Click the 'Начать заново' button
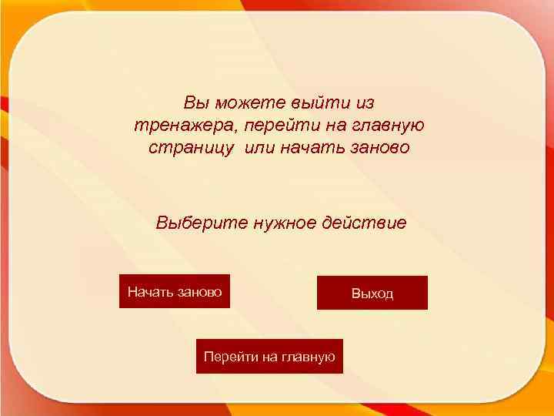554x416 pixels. pyautogui.click(x=175, y=291)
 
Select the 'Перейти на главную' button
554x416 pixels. pyautogui.click(x=269, y=356)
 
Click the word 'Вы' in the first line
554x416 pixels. pyautogui.click(x=195, y=102)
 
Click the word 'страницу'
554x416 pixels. pyautogui.click(x=192, y=147)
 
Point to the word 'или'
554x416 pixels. pyautogui.click(x=261, y=147)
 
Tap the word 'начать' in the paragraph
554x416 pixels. pyautogui.click(x=314, y=147)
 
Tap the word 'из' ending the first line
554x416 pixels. pyautogui.click(x=367, y=102)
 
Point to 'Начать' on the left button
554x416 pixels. pyautogui.click(x=150, y=291)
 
